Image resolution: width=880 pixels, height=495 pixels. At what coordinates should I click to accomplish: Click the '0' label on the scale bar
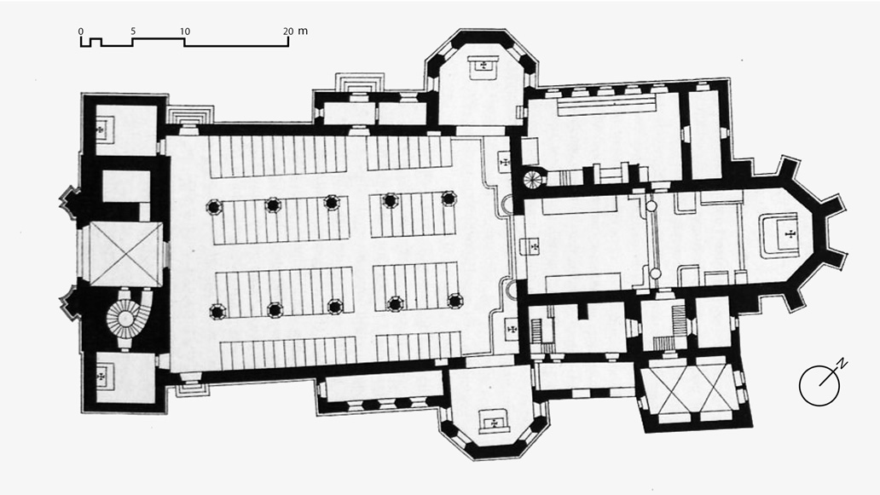(x=81, y=32)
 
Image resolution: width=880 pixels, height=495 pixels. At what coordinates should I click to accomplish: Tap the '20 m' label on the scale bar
(x=295, y=32)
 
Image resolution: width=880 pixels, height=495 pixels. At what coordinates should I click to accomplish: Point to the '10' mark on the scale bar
(x=185, y=32)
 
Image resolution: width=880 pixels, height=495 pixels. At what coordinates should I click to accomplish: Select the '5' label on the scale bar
(x=133, y=32)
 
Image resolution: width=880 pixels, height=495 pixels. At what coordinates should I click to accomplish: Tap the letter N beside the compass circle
(x=842, y=364)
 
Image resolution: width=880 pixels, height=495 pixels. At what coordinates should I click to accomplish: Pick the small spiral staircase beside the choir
(x=533, y=180)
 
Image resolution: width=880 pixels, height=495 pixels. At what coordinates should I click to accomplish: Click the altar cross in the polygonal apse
(x=790, y=233)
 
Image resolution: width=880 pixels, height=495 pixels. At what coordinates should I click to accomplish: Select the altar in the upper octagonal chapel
(x=482, y=66)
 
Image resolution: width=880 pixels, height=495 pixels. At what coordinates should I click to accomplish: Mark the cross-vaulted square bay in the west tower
(x=126, y=254)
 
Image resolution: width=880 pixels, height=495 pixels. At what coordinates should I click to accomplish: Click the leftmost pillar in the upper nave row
(x=214, y=207)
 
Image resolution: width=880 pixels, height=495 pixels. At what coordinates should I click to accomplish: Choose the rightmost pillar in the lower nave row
(x=454, y=301)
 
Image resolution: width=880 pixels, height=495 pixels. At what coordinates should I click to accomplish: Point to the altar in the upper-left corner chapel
(x=101, y=130)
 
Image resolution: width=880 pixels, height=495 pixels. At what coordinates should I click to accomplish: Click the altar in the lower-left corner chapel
(x=102, y=377)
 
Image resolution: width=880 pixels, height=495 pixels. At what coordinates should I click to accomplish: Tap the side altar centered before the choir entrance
(x=533, y=246)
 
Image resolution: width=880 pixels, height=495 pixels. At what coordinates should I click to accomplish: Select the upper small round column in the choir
(x=651, y=206)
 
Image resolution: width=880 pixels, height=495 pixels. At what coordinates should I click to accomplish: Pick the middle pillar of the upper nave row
(x=331, y=203)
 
